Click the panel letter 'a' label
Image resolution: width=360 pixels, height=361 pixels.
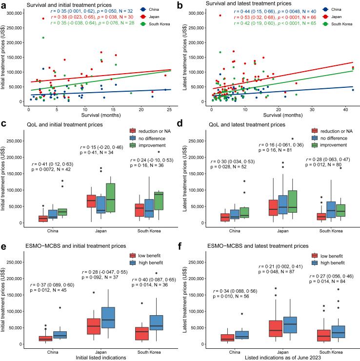pos(4,5)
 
